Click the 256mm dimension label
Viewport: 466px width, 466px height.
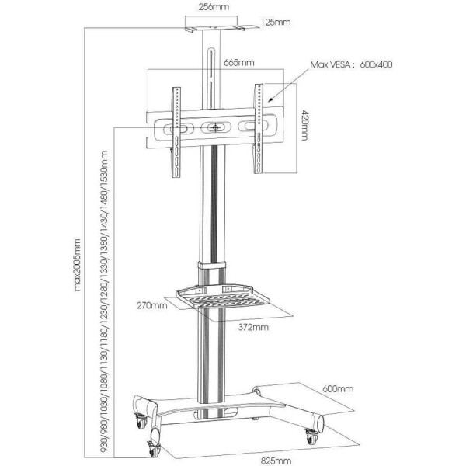(214, 7)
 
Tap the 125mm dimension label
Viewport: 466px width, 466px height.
(276, 23)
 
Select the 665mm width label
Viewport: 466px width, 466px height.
(239, 63)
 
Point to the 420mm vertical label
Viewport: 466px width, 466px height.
(304, 125)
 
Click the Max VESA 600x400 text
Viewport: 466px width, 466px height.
(351, 64)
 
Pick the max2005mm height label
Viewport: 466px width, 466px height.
(77, 265)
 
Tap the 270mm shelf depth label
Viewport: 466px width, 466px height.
(152, 305)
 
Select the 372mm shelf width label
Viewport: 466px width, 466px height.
(253, 327)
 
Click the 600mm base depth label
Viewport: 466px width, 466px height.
(338, 389)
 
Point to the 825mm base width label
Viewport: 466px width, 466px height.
(276, 461)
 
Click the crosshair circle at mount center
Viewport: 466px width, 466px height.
(215, 128)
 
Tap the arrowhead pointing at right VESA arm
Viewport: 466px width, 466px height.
(270, 99)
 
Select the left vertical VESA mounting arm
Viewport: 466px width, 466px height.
(176, 132)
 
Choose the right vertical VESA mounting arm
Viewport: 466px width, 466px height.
(259, 128)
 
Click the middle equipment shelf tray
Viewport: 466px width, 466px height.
(223, 297)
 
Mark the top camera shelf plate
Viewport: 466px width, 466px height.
(214, 28)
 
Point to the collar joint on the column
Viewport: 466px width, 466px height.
(212, 265)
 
